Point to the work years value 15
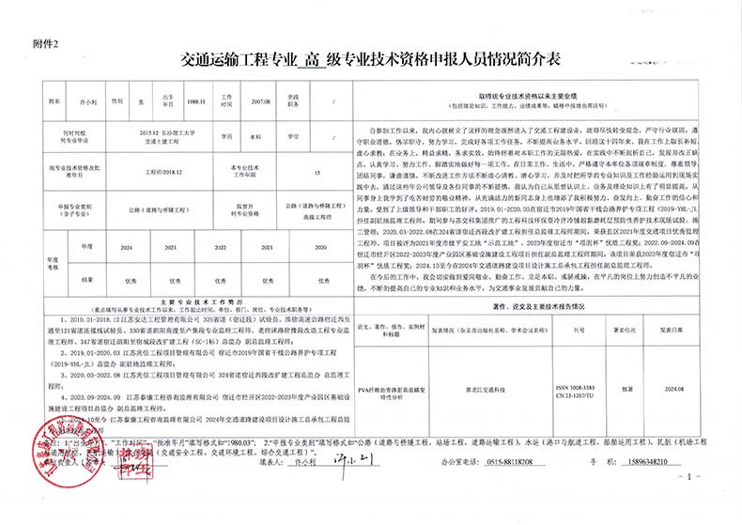[x=317, y=174]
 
